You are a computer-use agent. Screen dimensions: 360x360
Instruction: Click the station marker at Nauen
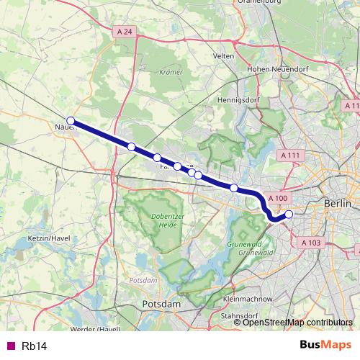point(71,121)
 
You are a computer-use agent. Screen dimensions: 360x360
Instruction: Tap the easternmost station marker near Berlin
point(289,214)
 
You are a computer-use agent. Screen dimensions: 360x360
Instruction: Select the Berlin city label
point(337,204)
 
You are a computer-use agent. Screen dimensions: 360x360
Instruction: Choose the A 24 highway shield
point(125,32)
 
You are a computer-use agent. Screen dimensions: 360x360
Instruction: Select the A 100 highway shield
point(277,197)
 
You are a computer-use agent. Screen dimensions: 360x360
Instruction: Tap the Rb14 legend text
point(34,346)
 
